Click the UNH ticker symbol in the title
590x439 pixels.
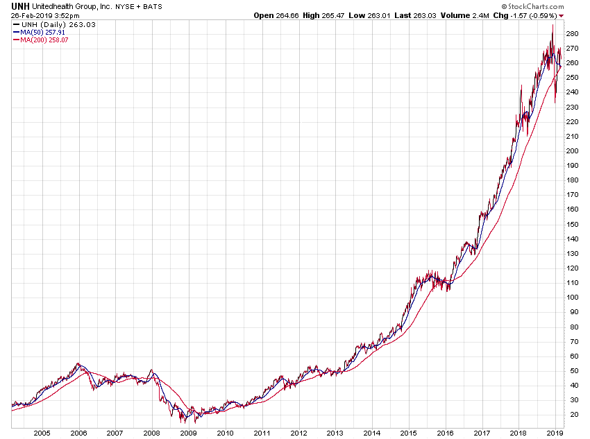click(19, 5)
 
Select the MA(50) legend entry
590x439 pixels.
click(39, 32)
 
